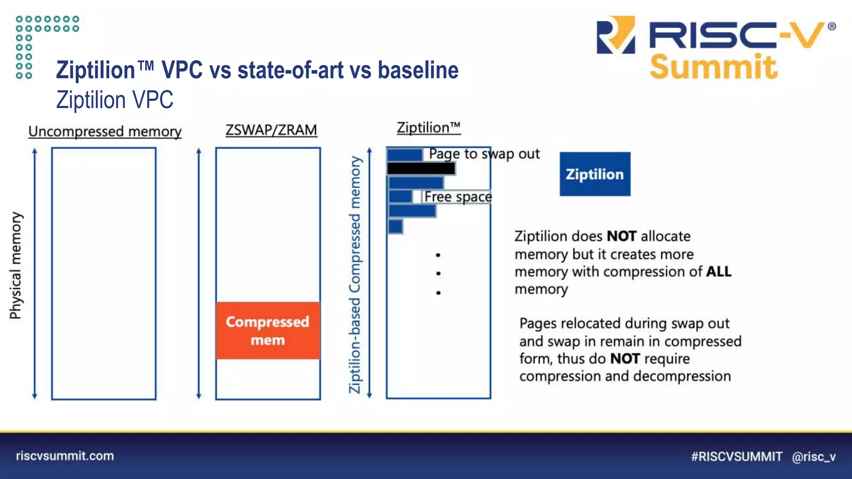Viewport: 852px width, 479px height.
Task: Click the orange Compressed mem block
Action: [268, 331]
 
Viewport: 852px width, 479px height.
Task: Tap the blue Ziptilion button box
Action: [594, 174]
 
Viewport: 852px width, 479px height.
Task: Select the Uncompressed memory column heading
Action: [105, 131]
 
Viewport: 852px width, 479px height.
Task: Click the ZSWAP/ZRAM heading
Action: [271, 130]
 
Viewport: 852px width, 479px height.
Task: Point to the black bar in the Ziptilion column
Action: [421, 168]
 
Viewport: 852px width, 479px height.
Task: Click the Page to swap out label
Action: [484, 154]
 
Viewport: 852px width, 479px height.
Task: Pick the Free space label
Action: [458, 197]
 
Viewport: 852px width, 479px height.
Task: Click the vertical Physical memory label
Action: [15, 265]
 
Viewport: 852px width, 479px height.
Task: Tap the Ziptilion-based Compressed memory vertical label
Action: [354, 274]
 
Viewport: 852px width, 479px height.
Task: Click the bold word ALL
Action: [718, 272]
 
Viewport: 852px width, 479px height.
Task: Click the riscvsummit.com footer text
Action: [65, 456]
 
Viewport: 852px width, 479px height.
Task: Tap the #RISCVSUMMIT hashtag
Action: [736, 457]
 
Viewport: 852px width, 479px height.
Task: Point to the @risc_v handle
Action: [814, 457]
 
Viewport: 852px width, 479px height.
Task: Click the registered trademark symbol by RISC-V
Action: [832, 27]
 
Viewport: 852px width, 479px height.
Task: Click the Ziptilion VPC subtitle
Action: [115, 100]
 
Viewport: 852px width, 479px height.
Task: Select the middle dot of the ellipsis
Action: [438, 274]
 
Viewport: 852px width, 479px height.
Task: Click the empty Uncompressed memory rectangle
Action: [104, 274]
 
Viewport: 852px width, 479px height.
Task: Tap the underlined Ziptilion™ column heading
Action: [428, 127]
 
